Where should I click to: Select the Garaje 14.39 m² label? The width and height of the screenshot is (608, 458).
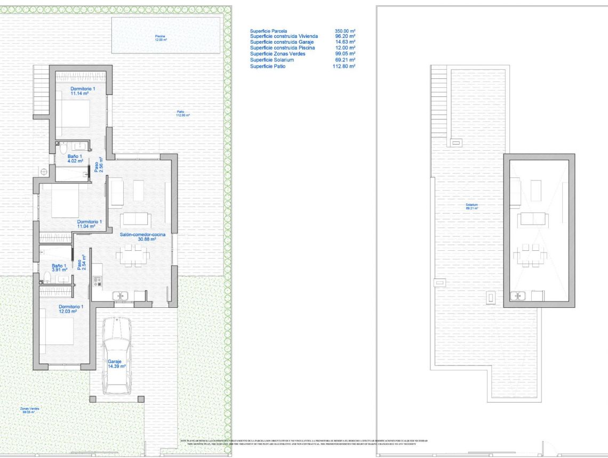[x=116, y=364]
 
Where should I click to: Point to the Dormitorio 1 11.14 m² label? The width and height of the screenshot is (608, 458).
[x=83, y=91]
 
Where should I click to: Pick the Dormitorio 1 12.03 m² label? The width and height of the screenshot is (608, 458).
[x=71, y=309]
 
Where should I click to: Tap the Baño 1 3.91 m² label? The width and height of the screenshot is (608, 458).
[x=59, y=267]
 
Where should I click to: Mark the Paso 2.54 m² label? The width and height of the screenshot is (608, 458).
[x=81, y=263]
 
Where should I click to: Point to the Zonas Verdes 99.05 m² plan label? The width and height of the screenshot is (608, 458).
[x=30, y=410]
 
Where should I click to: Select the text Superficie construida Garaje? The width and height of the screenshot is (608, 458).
[x=282, y=42]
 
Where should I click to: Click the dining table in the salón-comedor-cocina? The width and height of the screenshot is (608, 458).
[x=132, y=255]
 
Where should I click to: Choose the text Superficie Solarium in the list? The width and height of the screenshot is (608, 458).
[x=272, y=60]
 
